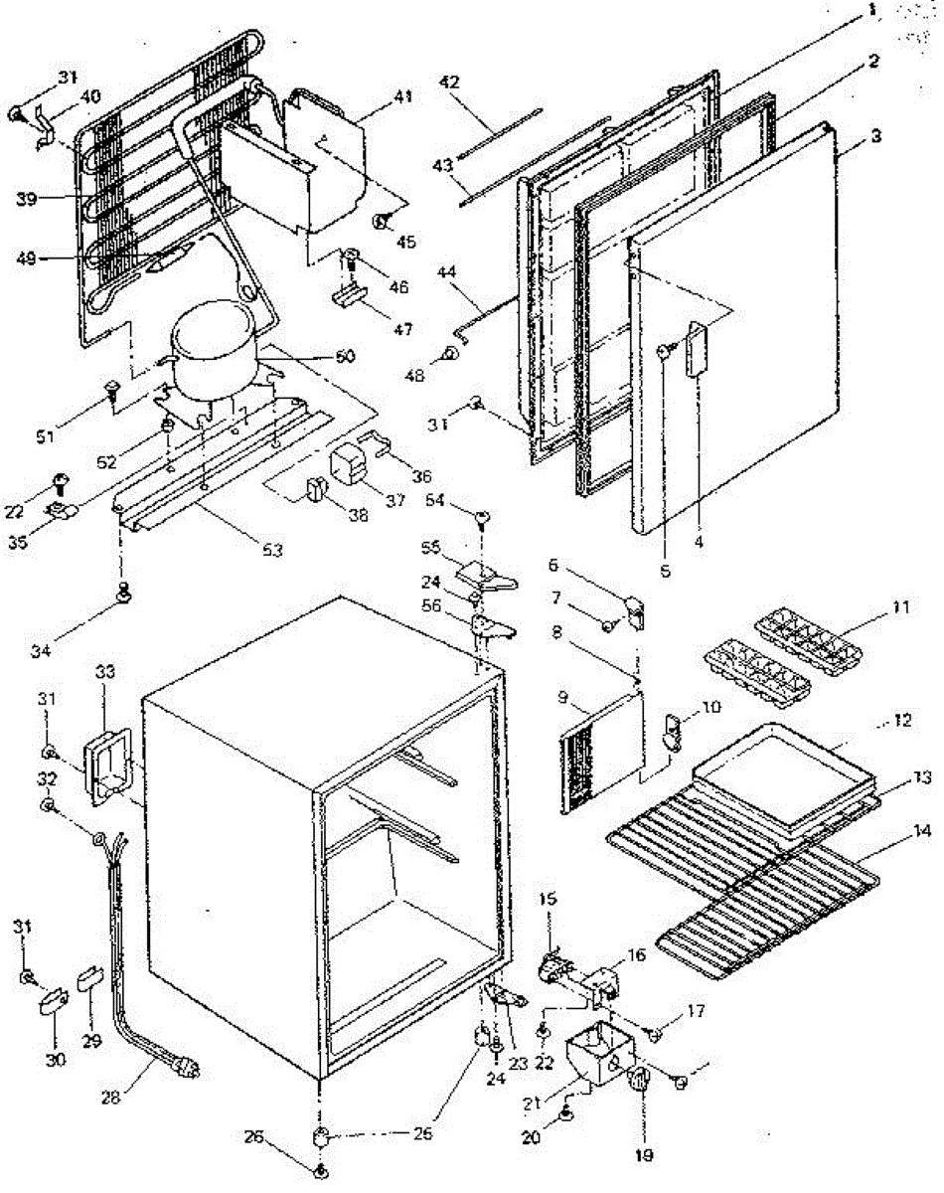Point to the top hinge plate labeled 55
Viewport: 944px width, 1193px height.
pyautogui.click(x=481, y=569)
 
